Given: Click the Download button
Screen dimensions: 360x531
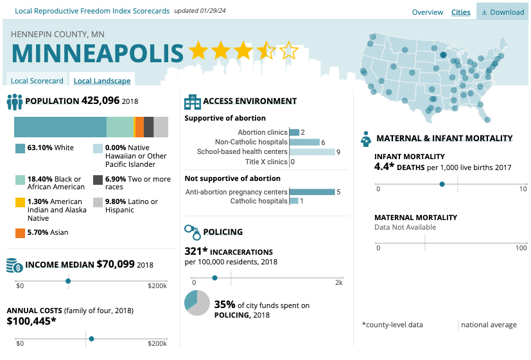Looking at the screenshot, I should click(x=503, y=12).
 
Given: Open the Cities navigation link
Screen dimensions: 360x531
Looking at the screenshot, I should click(x=460, y=12).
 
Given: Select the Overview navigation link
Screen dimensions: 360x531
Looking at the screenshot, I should click(x=427, y=12).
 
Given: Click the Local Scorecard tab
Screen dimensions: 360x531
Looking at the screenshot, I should click(x=37, y=81).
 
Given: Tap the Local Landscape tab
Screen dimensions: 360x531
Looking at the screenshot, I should click(x=101, y=81).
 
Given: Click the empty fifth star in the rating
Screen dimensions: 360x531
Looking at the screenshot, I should click(x=290, y=51).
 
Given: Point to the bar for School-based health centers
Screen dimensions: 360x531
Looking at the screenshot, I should click(x=312, y=152).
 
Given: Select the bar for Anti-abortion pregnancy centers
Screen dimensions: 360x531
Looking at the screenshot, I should click(x=312, y=192).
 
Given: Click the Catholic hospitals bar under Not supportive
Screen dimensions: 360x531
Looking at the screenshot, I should click(x=293, y=201).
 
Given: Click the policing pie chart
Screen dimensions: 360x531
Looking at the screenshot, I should click(x=196, y=304).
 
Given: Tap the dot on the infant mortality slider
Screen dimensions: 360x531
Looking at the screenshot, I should click(x=442, y=184).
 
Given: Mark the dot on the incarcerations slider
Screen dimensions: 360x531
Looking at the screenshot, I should click(x=214, y=278).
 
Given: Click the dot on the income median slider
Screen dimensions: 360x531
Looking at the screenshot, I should click(x=68, y=280).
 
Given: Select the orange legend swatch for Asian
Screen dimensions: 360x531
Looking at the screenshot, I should click(x=20, y=232).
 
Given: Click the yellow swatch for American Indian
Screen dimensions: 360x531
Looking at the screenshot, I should click(x=20, y=201).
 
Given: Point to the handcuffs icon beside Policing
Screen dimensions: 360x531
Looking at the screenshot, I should click(x=192, y=232).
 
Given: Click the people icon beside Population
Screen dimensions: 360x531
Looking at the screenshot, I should click(x=15, y=101).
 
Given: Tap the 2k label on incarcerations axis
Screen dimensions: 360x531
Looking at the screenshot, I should click(x=338, y=282).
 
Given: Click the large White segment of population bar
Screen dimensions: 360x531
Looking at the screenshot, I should click(x=60, y=127).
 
